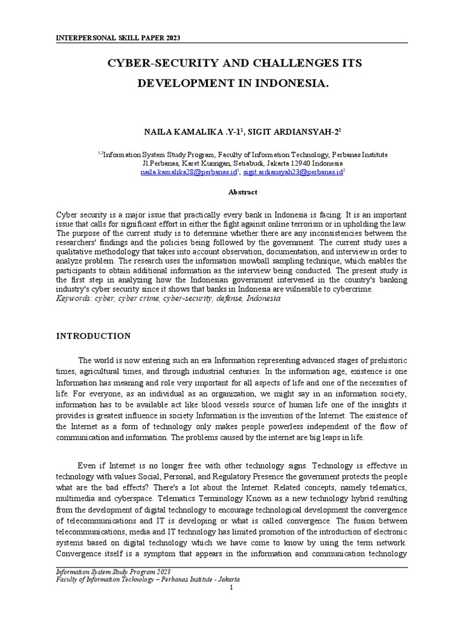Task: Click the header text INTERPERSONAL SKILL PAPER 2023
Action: pos(118,38)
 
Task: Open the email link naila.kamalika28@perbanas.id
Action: pos(188,172)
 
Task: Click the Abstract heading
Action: pos(242,192)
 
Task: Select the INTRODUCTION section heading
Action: pos(93,335)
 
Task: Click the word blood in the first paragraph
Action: pos(201,404)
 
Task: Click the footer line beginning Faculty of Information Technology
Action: pos(147,578)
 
